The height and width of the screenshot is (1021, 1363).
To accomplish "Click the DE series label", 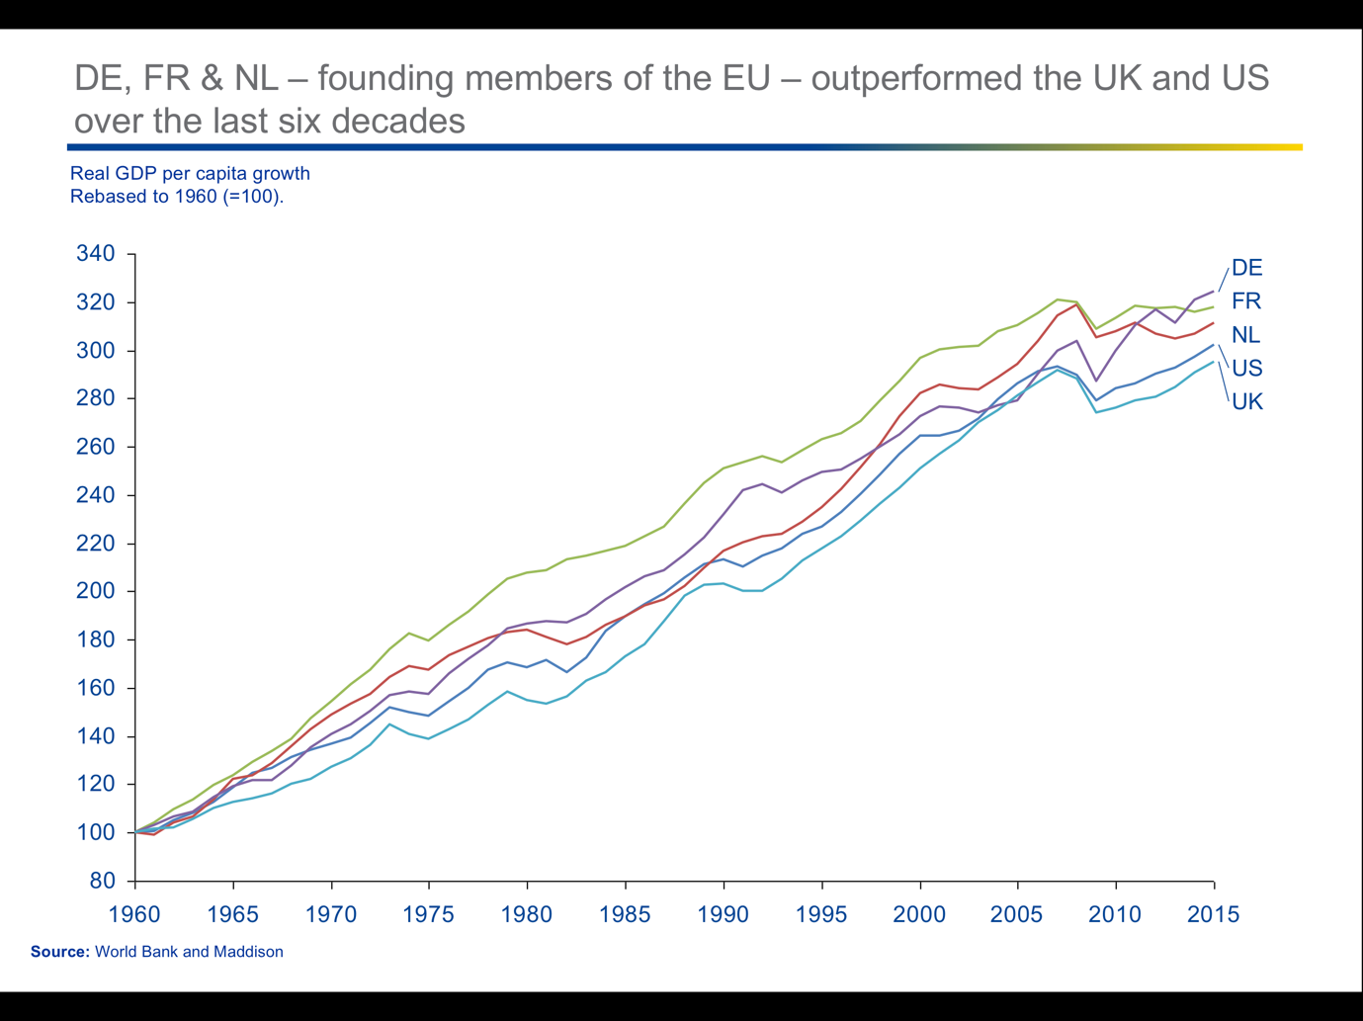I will (x=1246, y=268).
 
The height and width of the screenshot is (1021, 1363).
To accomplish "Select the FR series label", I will (x=1245, y=301).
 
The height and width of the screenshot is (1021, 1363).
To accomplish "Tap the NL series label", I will (x=1245, y=335).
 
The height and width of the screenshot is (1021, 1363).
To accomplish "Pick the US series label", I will (x=1246, y=369).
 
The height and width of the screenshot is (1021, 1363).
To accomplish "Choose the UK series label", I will (x=1246, y=401).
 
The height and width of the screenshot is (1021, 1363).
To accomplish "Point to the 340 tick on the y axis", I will (x=96, y=254).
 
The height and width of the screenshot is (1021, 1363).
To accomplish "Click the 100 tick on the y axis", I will (x=96, y=832).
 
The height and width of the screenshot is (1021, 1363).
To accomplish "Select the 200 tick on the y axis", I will (x=96, y=591).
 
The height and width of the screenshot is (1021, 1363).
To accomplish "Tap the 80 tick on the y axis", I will (x=103, y=881).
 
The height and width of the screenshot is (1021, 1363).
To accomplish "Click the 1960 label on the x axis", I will (x=134, y=914).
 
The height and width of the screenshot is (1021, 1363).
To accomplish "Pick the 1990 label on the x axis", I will (x=724, y=914).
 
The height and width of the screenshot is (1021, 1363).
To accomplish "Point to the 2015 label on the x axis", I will (x=1213, y=914).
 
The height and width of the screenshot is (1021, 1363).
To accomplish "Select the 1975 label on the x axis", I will (x=429, y=914).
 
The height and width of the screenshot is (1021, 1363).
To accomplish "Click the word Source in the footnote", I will (x=59, y=952).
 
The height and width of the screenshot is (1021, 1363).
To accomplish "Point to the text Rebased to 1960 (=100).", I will (x=177, y=196).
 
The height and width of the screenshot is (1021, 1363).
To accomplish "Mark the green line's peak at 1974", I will (x=409, y=633).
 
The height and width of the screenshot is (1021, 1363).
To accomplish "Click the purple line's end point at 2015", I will (x=1214, y=292).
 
